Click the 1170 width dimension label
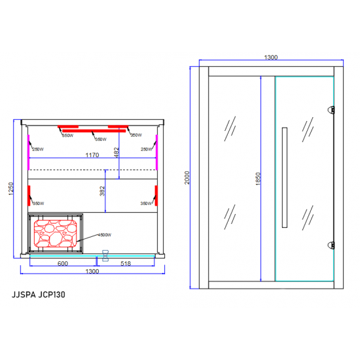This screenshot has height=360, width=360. tap(92, 156)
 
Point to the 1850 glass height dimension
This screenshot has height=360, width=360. tap(259, 178)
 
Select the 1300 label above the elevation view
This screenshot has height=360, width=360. tap(271, 58)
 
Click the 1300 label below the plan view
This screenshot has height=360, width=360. tap(92, 272)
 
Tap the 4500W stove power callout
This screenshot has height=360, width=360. tap(104, 235)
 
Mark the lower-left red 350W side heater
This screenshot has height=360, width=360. tap(29, 195)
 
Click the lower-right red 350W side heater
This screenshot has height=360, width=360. tap(156, 195)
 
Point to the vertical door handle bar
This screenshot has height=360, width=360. tap(283, 177)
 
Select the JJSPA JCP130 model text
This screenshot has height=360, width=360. tap(38, 295)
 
